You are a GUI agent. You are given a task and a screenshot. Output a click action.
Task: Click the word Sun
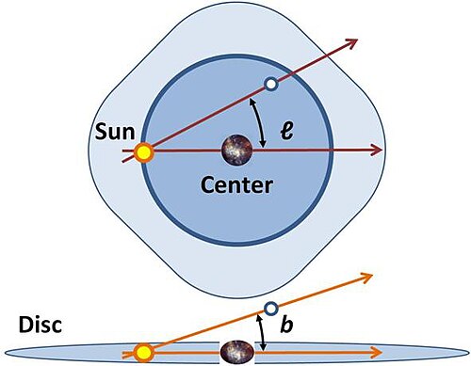click(115, 132)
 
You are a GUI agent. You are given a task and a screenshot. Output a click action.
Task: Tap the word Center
click(236, 185)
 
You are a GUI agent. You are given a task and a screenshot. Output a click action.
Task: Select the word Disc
click(41, 325)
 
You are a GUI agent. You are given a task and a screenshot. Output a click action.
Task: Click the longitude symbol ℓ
click(286, 131)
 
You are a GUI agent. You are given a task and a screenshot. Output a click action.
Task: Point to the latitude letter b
click(286, 325)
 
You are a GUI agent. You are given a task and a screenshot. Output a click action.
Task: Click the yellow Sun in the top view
click(144, 152)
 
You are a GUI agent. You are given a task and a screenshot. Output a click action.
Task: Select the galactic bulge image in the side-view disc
click(237, 352)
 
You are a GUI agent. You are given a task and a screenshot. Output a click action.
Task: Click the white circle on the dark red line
click(270, 84)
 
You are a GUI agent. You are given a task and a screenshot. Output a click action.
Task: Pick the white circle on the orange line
click(271, 309)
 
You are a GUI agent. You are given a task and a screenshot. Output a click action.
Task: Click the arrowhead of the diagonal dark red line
click(351, 42)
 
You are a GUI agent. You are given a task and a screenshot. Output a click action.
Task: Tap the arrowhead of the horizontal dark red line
click(376, 150)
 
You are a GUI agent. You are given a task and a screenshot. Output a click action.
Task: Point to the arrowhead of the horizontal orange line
click(376, 352)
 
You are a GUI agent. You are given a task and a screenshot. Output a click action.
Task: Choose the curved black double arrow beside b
click(261, 332)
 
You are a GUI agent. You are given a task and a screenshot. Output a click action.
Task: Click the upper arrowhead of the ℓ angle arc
click(252, 102)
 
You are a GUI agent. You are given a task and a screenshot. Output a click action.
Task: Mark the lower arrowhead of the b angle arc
click(264, 347)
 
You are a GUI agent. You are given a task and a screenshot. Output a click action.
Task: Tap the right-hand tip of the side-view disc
click(470, 352)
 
